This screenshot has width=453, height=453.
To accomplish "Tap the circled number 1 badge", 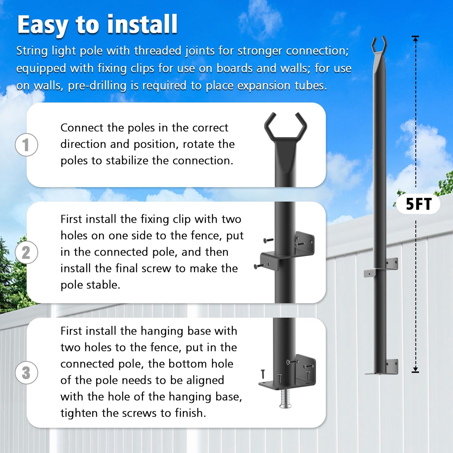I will (x=26, y=145).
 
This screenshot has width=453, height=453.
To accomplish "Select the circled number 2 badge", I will (x=26, y=252).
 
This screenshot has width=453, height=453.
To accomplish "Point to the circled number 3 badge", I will (x=26, y=373).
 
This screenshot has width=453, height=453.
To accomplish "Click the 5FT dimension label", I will (x=419, y=204).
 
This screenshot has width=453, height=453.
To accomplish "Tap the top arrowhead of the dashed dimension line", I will (x=415, y=39).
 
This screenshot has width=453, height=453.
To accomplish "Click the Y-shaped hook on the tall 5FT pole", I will (x=379, y=45).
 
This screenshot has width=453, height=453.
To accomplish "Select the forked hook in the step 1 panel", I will (x=285, y=127).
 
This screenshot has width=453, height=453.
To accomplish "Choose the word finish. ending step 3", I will (x=190, y=413).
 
